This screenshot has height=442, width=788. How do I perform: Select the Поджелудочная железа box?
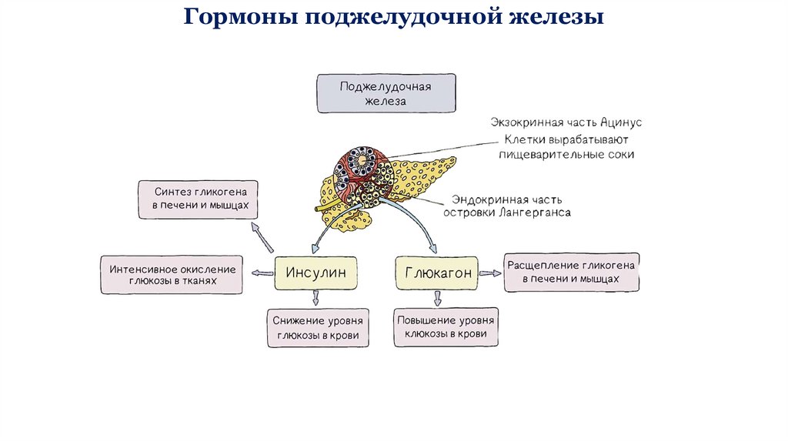point(386,93)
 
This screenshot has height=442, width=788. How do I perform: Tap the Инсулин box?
point(316,273)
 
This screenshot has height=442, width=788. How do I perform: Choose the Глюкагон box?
point(437,273)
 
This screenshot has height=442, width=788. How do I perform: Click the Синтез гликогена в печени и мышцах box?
point(198,199)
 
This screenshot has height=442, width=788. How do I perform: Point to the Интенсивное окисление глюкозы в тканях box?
point(172,275)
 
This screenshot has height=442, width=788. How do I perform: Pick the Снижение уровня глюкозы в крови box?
point(318,328)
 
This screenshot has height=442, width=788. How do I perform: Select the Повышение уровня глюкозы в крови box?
point(446,327)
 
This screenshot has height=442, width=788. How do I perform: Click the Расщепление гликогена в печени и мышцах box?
point(572,272)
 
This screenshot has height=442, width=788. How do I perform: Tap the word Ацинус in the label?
point(621,122)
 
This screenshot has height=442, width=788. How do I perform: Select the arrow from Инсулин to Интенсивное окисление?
point(262,273)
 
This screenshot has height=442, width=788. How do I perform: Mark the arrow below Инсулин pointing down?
point(315,298)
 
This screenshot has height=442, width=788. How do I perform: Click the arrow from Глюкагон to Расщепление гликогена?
point(490,273)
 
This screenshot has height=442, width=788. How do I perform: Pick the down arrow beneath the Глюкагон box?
point(438,299)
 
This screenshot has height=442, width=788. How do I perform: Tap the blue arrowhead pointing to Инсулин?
point(315,249)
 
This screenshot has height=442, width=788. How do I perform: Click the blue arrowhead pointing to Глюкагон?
point(432,248)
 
